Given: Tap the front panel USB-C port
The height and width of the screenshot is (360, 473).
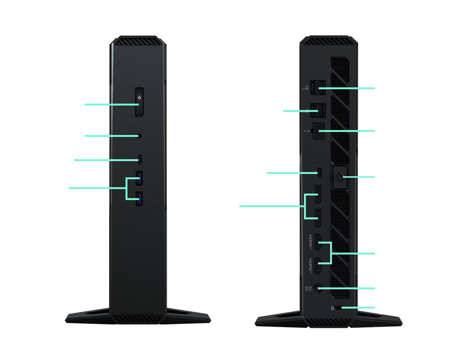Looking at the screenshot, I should (x=140, y=160).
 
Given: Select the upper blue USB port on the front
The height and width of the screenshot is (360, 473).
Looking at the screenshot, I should (x=140, y=178).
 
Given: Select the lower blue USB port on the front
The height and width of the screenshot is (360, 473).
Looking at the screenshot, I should (x=140, y=199).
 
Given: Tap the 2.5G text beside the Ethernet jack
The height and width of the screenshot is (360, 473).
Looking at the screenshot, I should (x=307, y=132).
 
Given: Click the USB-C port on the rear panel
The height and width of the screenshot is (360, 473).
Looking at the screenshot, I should (x=319, y=173).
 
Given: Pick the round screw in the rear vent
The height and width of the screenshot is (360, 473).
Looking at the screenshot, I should (x=339, y=177).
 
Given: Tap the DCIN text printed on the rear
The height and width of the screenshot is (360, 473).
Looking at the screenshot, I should (x=308, y=288).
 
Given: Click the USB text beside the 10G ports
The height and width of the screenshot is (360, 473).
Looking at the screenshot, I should (x=306, y=89).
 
